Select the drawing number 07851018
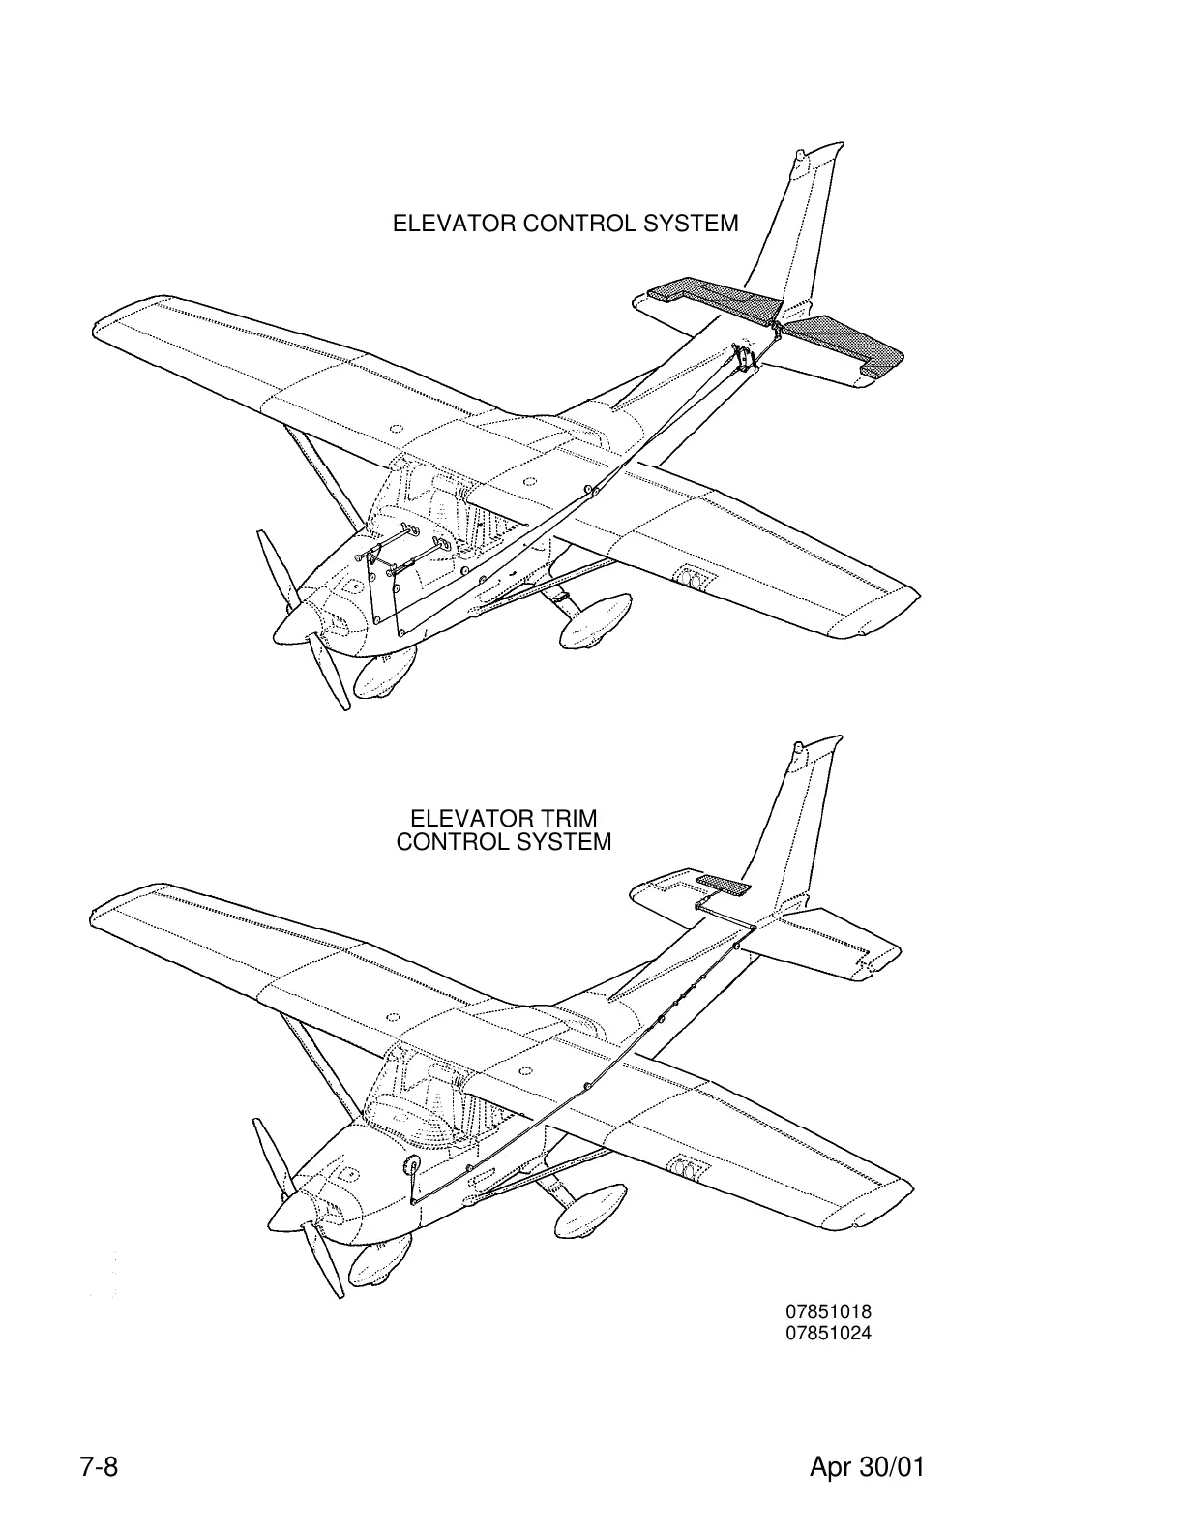[828, 1312]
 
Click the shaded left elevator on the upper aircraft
[711, 296]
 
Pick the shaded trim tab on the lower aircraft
[724, 884]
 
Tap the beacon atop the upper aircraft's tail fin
[799, 155]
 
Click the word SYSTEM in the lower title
[563, 841]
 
